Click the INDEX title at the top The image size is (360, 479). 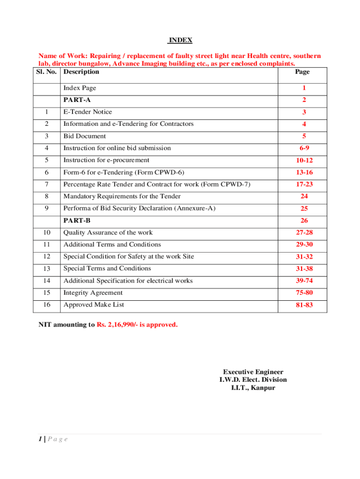click(x=180, y=40)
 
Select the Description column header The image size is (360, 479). click(x=81, y=72)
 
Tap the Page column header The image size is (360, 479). click(x=302, y=72)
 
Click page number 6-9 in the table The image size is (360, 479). click(x=304, y=148)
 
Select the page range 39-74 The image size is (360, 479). click(x=304, y=281)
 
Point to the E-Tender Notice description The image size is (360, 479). click(x=88, y=112)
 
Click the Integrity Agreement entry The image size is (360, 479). click(x=93, y=293)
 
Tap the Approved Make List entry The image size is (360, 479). click(x=94, y=305)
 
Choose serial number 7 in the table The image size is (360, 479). click(x=46, y=184)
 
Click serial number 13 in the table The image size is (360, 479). click(x=46, y=269)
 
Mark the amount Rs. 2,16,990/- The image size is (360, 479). click(x=119, y=324)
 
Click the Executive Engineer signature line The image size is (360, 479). click(x=253, y=372)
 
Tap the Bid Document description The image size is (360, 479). click(x=85, y=136)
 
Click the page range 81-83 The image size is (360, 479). click(x=304, y=305)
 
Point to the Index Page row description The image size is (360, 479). click(x=80, y=88)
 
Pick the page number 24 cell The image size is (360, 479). click(x=304, y=196)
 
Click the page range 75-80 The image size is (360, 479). click(x=304, y=293)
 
